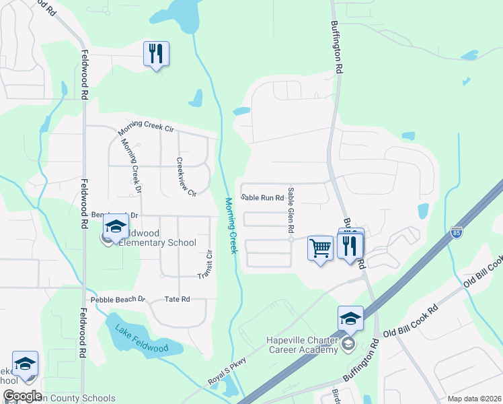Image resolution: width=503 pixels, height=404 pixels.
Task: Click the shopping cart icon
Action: [321, 248]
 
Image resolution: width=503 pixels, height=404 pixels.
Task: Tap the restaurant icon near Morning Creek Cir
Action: [156, 54]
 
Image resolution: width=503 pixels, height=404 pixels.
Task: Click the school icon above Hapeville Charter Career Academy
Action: [350, 318]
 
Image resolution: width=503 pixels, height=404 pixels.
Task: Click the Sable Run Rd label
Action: [262, 198]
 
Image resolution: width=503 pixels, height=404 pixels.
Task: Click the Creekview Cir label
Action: [185, 177]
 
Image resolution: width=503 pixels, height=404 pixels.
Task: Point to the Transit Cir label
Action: [204, 265]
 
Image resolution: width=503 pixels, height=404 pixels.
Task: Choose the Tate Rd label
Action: [177, 299]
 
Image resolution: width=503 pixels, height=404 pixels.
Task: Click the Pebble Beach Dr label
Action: [118, 298]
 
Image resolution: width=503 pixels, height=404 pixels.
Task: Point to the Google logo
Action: [23, 396]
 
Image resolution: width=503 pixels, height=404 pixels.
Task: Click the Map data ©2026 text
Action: [474, 399]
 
